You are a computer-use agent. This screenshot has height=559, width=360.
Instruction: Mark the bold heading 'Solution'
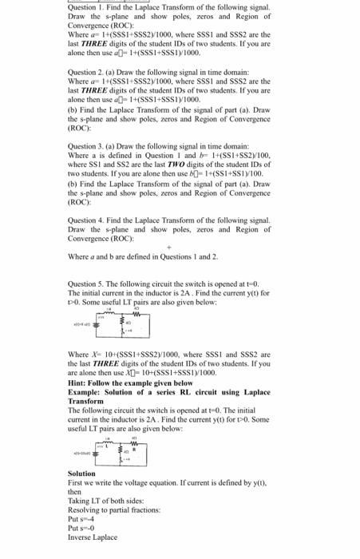pos(82,474)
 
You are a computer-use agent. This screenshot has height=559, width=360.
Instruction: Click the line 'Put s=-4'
pos(81,518)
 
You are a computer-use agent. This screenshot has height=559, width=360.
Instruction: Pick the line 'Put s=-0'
pos(81,526)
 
